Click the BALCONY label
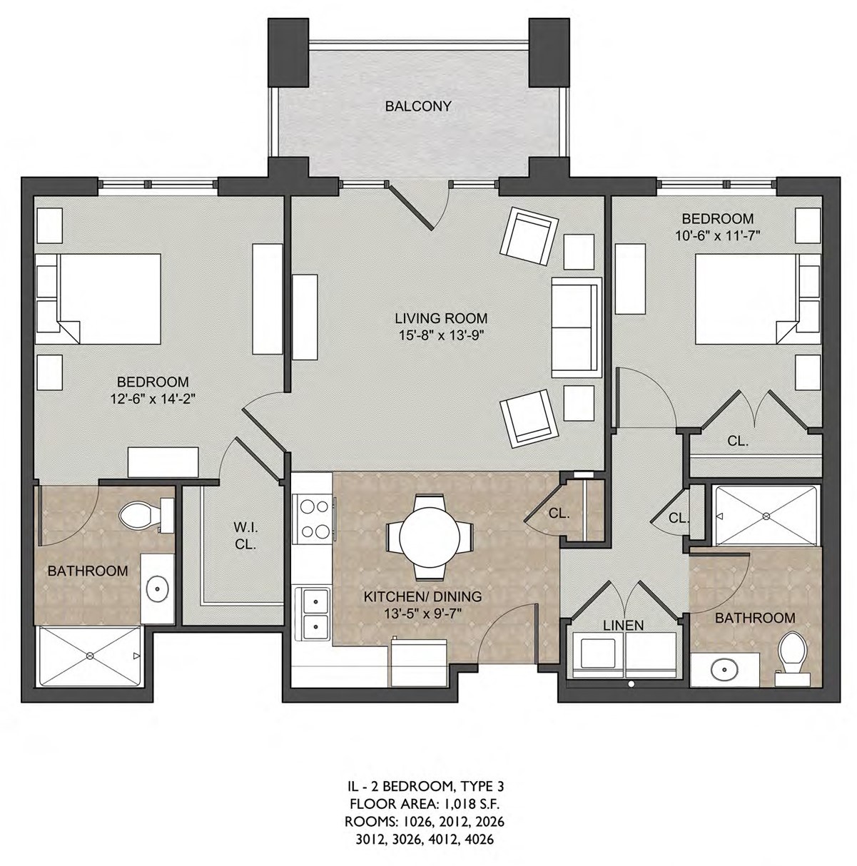417,106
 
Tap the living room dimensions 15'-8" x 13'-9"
441,335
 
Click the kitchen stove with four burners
314,519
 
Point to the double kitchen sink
314,614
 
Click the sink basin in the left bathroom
158,586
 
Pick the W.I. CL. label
245,536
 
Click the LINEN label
624,625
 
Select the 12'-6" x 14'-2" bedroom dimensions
153,399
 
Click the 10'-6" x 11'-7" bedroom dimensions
718,235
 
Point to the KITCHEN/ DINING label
422,596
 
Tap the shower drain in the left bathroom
91,656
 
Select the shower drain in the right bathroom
765,516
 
